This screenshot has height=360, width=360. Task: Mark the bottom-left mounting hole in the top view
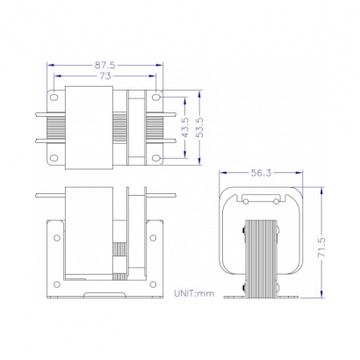[55, 158]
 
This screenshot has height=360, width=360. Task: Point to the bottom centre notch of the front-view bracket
[105, 291]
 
